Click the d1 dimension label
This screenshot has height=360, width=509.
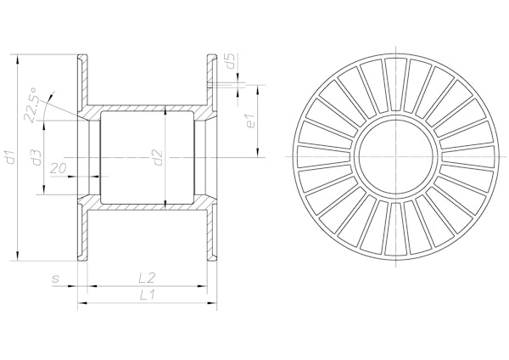[11, 156]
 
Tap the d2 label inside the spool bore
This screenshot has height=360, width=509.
[158, 158]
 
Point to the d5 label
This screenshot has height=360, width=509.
[230, 61]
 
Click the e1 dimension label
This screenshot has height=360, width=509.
[251, 121]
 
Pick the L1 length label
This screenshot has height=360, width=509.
[147, 295]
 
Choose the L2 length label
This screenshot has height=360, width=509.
[147, 278]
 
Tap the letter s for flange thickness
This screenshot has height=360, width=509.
[56, 278]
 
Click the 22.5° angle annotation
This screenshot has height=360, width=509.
[32, 104]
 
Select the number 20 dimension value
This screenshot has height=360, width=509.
[59, 167]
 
